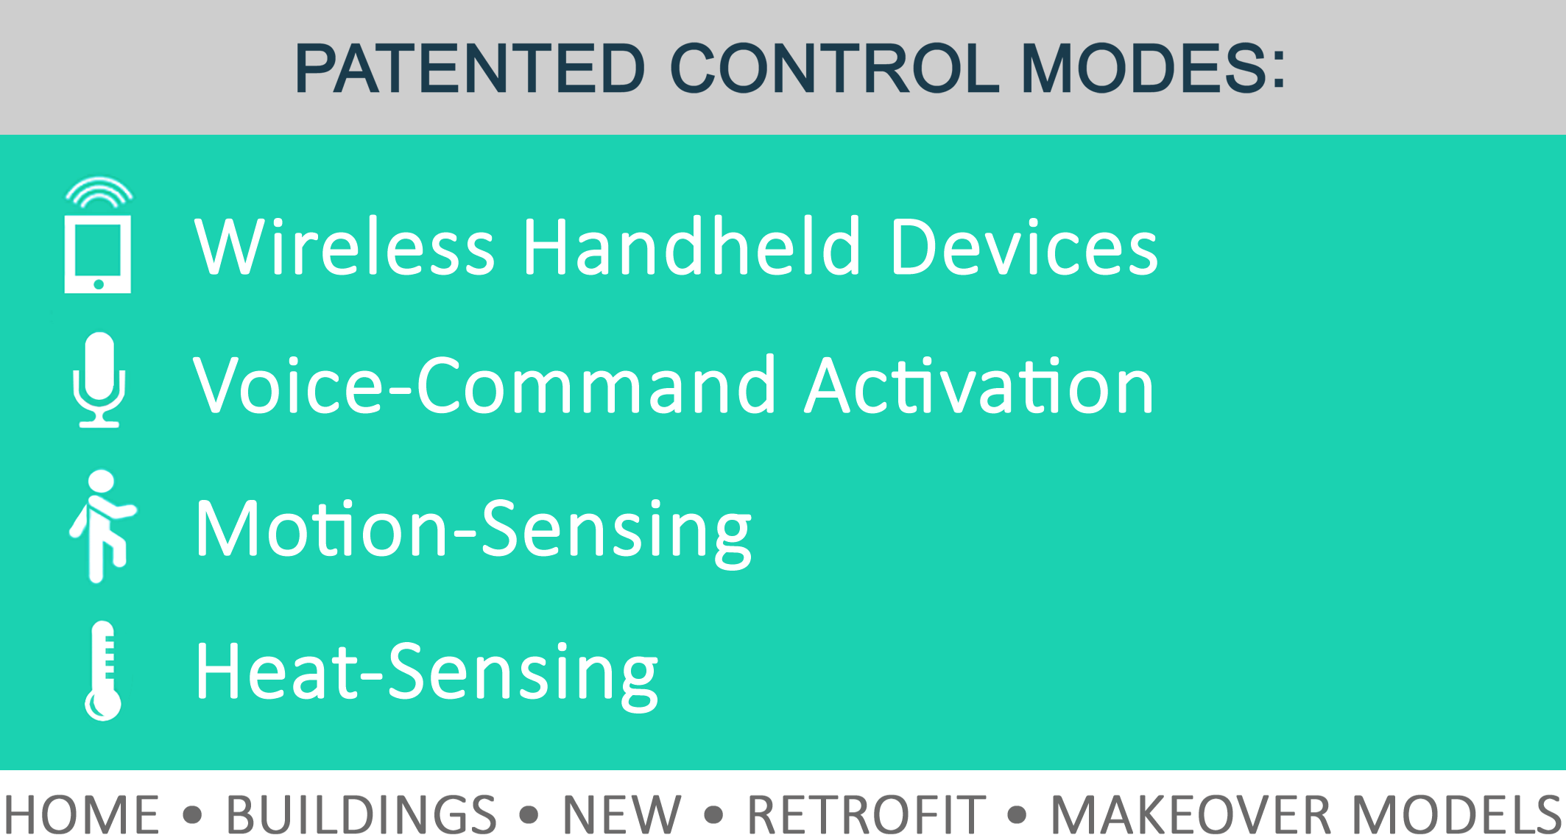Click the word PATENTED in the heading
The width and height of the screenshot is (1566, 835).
[x=470, y=68]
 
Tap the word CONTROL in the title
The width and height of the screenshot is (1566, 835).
[x=835, y=68]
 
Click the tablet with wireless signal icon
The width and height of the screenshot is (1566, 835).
[x=98, y=235]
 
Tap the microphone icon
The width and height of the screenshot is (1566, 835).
[x=99, y=380]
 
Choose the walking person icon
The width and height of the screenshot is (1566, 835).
[x=103, y=526]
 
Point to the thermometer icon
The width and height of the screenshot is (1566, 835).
[x=103, y=671]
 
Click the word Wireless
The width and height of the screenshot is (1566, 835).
[x=345, y=247]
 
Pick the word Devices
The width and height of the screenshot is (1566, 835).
[x=1024, y=247]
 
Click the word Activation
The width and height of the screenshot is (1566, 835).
[x=979, y=385]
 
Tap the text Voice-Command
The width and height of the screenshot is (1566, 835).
[x=484, y=385]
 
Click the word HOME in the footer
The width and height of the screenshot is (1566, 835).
[x=82, y=814]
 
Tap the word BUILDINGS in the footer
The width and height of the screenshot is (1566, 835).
[x=361, y=814]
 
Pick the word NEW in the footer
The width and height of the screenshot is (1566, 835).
[x=622, y=814]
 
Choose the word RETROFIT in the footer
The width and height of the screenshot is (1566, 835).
[x=867, y=814]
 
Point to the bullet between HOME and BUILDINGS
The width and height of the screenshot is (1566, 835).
[x=192, y=814]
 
